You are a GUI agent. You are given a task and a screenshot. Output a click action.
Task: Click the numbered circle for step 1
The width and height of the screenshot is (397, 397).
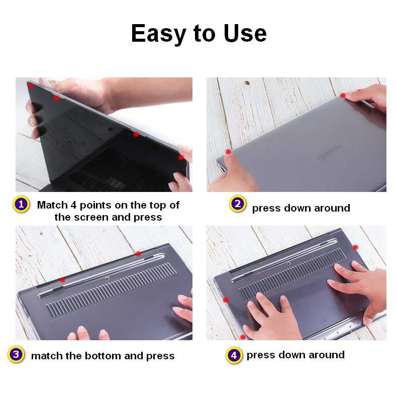point(21,205)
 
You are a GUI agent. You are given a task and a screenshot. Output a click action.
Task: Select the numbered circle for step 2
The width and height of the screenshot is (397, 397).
point(237,204)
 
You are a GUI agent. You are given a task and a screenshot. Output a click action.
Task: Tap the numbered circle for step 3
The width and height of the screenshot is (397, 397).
point(16,355)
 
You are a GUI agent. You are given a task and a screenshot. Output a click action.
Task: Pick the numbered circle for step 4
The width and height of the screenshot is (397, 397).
point(234,355)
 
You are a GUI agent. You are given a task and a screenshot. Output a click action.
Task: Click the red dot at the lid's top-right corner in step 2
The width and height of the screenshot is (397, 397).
point(343,95)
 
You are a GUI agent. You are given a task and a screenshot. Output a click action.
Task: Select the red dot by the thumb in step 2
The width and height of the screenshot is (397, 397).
point(228,152)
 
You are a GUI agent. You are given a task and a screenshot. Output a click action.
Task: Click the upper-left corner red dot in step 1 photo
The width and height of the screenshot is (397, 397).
point(31,86)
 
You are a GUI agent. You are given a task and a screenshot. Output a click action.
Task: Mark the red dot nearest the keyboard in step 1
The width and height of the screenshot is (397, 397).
point(136,134)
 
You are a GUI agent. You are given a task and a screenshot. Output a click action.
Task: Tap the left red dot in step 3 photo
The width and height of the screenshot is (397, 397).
point(62,279)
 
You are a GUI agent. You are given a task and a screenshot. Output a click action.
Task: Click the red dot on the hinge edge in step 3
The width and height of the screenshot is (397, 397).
point(138,254)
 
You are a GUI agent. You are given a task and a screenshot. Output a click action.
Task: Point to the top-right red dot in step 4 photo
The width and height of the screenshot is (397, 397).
point(355,247)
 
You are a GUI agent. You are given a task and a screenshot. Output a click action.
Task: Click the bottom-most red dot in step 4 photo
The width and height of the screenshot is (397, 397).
point(244,337)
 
